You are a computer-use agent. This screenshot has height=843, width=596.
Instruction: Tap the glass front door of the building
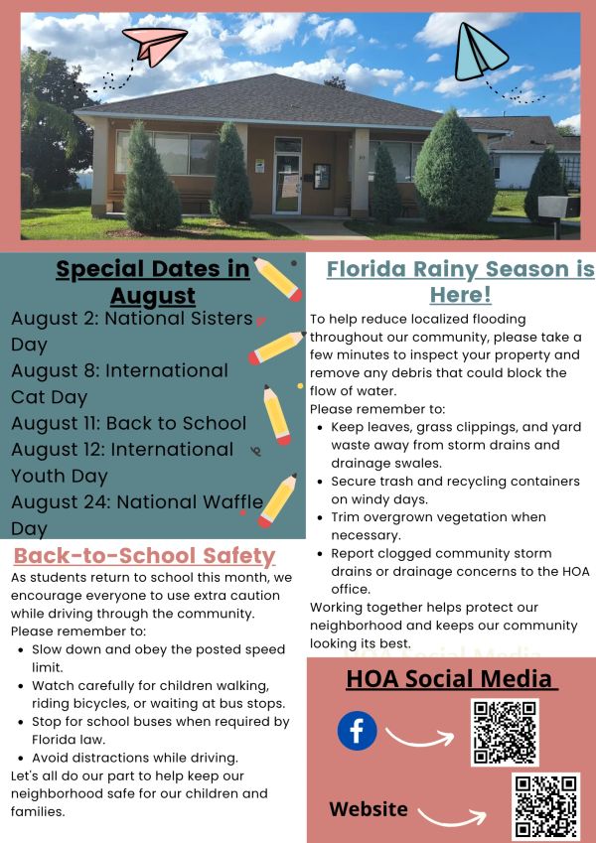click(x=287, y=184)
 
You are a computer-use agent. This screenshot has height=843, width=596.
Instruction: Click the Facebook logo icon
click(x=358, y=731)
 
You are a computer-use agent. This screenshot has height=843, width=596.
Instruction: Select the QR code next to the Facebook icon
click(x=505, y=732)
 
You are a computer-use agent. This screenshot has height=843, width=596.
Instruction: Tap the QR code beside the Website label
click(x=546, y=806)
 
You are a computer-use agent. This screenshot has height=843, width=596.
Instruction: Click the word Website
click(x=369, y=809)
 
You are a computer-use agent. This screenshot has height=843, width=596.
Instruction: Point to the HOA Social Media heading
click(x=452, y=678)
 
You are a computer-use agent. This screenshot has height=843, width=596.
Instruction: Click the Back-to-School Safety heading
click(x=144, y=555)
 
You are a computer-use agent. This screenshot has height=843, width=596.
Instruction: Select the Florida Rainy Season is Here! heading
click(x=461, y=281)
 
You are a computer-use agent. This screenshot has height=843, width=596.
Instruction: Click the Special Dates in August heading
click(x=153, y=282)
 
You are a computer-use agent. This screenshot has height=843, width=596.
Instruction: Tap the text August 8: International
click(x=119, y=370)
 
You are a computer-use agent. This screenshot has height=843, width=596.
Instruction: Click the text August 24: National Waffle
click(x=137, y=501)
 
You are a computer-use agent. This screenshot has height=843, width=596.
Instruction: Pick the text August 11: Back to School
click(x=128, y=423)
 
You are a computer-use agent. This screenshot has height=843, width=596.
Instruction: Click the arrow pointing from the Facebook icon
click(x=420, y=738)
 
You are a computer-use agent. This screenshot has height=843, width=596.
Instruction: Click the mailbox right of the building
click(x=559, y=208)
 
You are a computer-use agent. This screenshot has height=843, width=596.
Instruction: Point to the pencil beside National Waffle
click(x=277, y=500)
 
